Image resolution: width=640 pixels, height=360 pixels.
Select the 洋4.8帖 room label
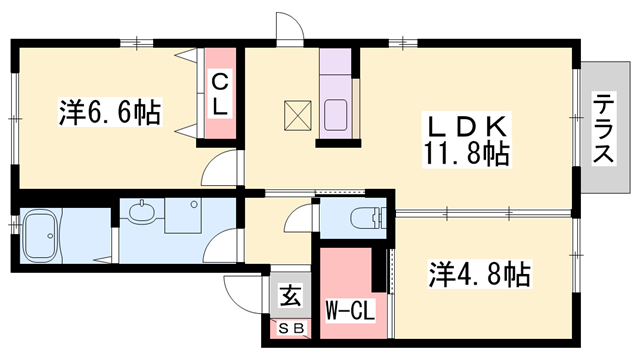point(481,272)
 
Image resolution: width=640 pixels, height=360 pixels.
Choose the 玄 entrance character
point(290,297)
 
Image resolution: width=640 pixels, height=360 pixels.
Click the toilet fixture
point(369,216)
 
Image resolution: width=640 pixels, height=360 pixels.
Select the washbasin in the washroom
point(144,212)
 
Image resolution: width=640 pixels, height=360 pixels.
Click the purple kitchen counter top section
point(332,71)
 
